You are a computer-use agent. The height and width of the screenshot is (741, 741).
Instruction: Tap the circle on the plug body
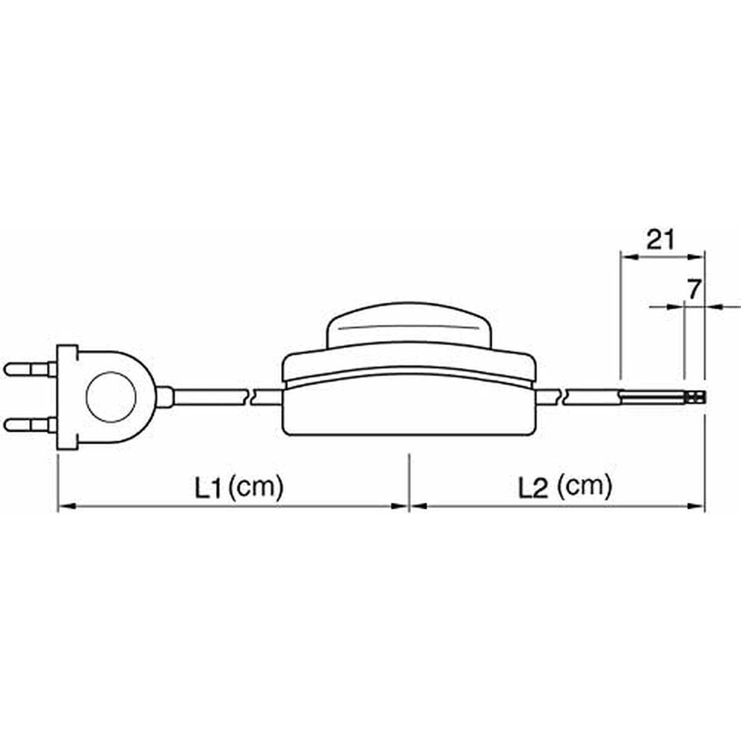click(111, 397)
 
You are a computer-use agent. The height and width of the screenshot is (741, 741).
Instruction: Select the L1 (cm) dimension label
click(239, 487)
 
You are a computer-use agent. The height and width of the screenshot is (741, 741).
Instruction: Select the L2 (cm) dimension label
click(565, 487)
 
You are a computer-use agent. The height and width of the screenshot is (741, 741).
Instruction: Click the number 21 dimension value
click(660, 241)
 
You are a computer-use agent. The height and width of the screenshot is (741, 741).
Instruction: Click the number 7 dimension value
click(693, 290)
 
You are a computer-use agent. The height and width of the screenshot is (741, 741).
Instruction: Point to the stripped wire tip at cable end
click(696, 398)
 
